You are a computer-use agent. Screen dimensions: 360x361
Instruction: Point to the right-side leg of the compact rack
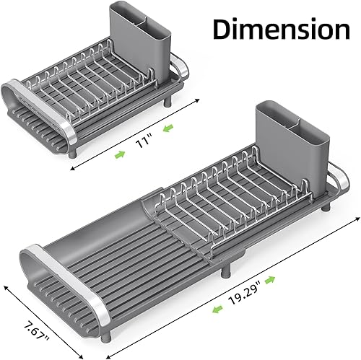pyautogui.click(x=169, y=101)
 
